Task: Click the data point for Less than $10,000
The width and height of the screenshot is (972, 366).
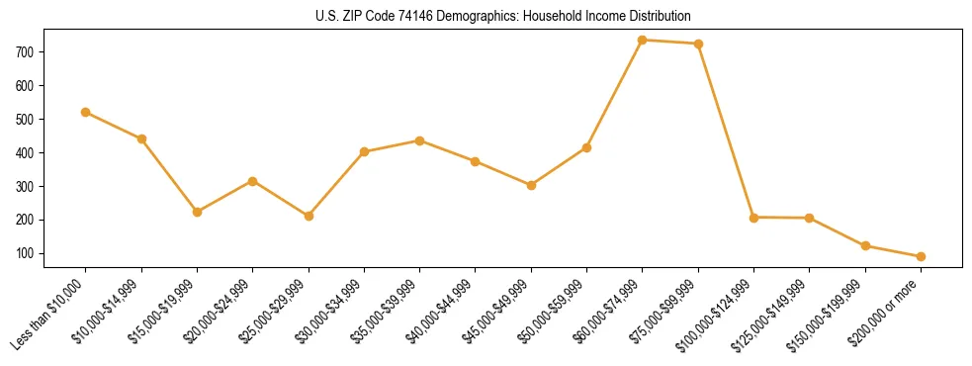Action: coord(86,112)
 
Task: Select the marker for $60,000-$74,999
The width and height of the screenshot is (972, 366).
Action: coord(643,40)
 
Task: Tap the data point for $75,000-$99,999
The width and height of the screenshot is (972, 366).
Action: coord(699,44)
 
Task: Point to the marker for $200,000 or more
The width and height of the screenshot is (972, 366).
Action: coord(922,256)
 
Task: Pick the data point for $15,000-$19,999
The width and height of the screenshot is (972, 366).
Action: coord(198,212)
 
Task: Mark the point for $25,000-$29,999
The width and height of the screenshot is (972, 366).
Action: coord(309,216)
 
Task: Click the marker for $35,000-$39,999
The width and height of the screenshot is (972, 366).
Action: coord(420,140)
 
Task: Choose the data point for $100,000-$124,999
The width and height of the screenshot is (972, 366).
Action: coord(754,217)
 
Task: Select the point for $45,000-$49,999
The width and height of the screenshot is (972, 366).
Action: coord(532,185)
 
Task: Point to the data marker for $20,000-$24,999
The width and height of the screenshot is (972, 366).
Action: coord(253,181)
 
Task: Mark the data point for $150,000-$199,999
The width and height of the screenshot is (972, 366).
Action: coord(865,245)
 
